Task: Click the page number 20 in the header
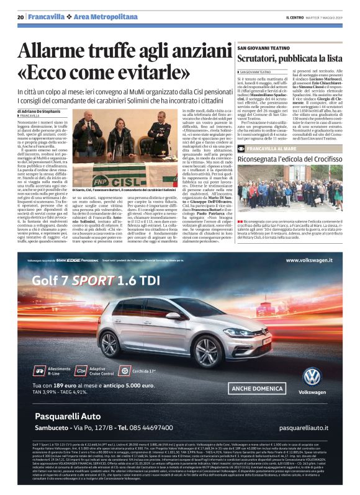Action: pyautogui.click(x=21, y=17)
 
